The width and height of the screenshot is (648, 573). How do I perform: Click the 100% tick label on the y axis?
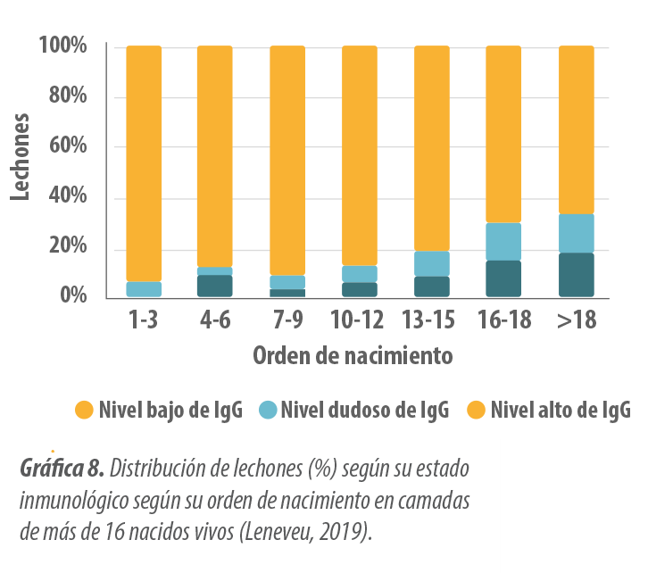(x=62, y=46)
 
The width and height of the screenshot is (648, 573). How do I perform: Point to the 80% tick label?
(x=67, y=96)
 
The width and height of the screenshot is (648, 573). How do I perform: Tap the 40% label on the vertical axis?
(x=67, y=196)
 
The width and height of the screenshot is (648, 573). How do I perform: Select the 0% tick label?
(x=71, y=295)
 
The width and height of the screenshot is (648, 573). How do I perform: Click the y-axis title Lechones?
(x=21, y=157)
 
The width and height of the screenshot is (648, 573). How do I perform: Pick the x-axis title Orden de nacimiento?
(x=353, y=356)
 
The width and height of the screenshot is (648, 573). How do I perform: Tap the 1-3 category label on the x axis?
(x=143, y=320)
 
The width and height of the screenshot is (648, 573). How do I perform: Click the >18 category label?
(x=576, y=320)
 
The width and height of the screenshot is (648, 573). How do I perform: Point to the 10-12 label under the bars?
(x=359, y=320)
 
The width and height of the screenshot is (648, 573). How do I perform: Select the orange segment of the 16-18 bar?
(x=503, y=134)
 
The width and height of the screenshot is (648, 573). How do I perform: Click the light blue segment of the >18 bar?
(x=576, y=234)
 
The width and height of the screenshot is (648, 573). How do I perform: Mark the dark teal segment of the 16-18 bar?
(x=503, y=278)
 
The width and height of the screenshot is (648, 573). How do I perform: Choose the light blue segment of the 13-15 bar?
(x=431, y=264)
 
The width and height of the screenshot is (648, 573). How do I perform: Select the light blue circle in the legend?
(x=268, y=411)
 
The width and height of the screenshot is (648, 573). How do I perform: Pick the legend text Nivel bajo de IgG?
(x=170, y=411)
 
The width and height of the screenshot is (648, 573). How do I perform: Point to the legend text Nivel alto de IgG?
(x=561, y=411)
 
